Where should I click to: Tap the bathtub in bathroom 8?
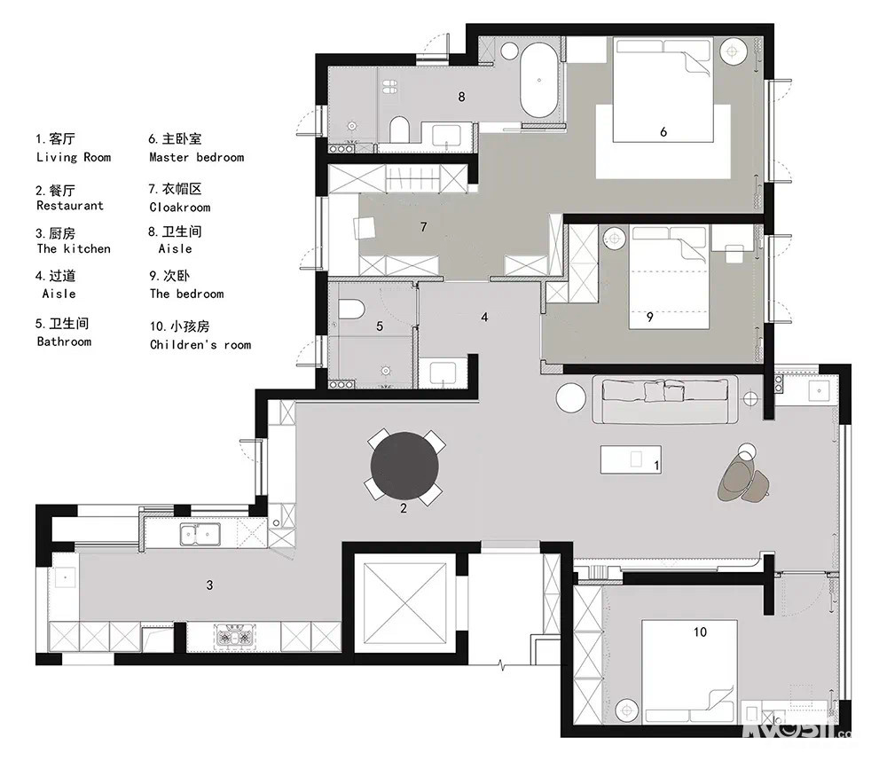[539, 81]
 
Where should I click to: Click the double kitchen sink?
[200, 534]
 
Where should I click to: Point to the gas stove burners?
[234, 638]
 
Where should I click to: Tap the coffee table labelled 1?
[631, 459]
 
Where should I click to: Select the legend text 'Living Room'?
[74, 157]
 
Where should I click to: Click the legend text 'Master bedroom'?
[197, 157]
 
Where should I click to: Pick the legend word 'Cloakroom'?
[180, 208]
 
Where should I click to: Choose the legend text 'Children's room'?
[200, 344]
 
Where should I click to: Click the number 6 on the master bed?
[663, 132]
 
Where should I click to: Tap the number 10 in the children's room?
[701, 632]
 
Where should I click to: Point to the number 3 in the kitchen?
[210, 585]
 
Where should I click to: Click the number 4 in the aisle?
[484, 318]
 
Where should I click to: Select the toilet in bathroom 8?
[399, 129]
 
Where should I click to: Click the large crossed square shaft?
[404, 602]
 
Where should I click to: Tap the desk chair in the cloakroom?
[364, 229]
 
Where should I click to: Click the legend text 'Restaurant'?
[70, 206]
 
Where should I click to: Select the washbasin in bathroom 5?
[443, 373]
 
